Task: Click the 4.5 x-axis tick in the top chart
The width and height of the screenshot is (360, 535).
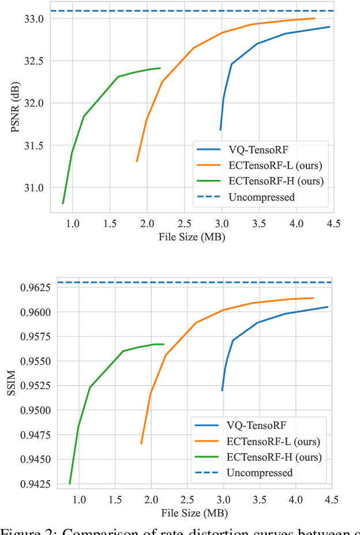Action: (x=333, y=222)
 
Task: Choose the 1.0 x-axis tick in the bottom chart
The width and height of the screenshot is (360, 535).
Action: (x=79, y=497)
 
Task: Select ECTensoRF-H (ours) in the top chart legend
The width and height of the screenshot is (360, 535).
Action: (x=275, y=181)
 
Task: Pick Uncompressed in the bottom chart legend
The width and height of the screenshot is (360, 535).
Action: (x=260, y=473)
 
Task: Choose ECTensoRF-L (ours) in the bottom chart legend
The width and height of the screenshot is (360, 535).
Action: (x=274, y=442)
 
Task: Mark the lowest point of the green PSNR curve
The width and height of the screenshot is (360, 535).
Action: (x=63, y=204)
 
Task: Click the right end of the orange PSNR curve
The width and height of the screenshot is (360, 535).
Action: (x=314, y=18)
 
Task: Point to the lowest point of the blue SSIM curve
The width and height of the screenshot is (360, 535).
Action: (x=222, y=390)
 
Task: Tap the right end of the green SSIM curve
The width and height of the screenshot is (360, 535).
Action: (x=164, y=344)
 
